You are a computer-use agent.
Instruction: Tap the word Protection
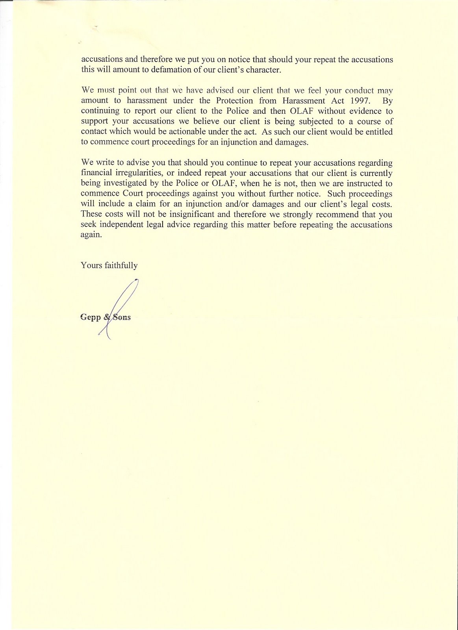(x=235, y=100)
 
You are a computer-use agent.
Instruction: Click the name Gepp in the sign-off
(x=90, y=317)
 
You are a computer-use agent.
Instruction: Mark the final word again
(x=91, y=235)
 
